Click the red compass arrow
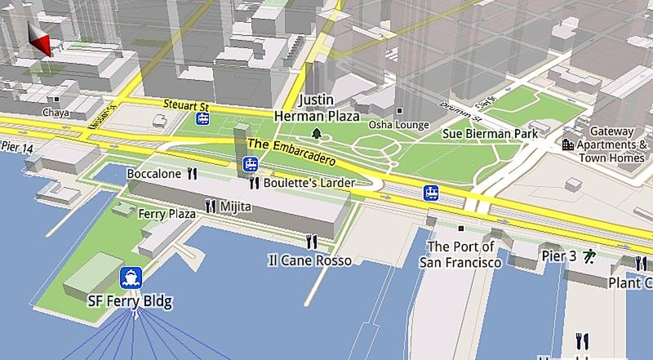click(39, 39)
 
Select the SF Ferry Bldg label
click(130, 301)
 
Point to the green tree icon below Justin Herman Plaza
click(316, 133)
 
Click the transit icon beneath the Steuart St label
click(202, 120)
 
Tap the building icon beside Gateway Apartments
click(567, 144)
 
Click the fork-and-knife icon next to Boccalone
click(193, 173)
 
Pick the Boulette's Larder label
click(309, 184)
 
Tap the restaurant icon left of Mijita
click(211, 207)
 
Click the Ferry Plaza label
click(167, 214)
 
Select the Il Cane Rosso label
click(310, 260)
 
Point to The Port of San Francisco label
click(460, 255)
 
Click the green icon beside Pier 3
click(589, 256)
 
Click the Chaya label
click(56, 113)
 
